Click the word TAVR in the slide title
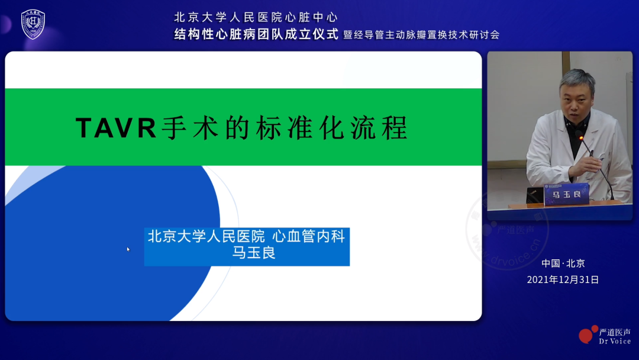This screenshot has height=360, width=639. [116, 128]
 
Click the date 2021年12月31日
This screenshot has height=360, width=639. [563, 279]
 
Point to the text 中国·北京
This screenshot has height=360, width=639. [563, 263]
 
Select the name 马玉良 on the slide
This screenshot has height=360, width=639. [247, 253]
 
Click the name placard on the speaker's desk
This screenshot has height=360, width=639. [566, 194]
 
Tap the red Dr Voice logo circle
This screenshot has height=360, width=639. [586, 335]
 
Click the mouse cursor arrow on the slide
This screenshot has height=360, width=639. [128, 249]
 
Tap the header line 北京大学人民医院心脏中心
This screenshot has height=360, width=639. [256, 17]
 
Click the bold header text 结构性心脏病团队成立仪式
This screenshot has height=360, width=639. [256, 34]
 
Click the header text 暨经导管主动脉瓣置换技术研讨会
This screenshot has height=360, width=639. [421, 35]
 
